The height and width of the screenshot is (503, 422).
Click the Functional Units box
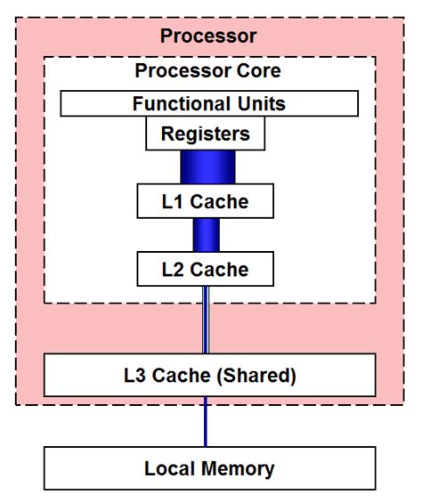pos(209,103)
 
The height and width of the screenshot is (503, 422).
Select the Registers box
pos(206,134)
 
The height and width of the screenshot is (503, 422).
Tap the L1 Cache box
pos(205,202)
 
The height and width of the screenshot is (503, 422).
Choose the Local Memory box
pos(210,468)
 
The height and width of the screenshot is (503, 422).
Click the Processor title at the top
pos(208,37)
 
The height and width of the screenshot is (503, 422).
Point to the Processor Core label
pos(208,70)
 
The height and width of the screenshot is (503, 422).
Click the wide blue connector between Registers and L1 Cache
pos(206,167)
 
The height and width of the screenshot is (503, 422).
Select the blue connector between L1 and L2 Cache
pos(206,234)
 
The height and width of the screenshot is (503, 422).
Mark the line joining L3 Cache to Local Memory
pos(206,421)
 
